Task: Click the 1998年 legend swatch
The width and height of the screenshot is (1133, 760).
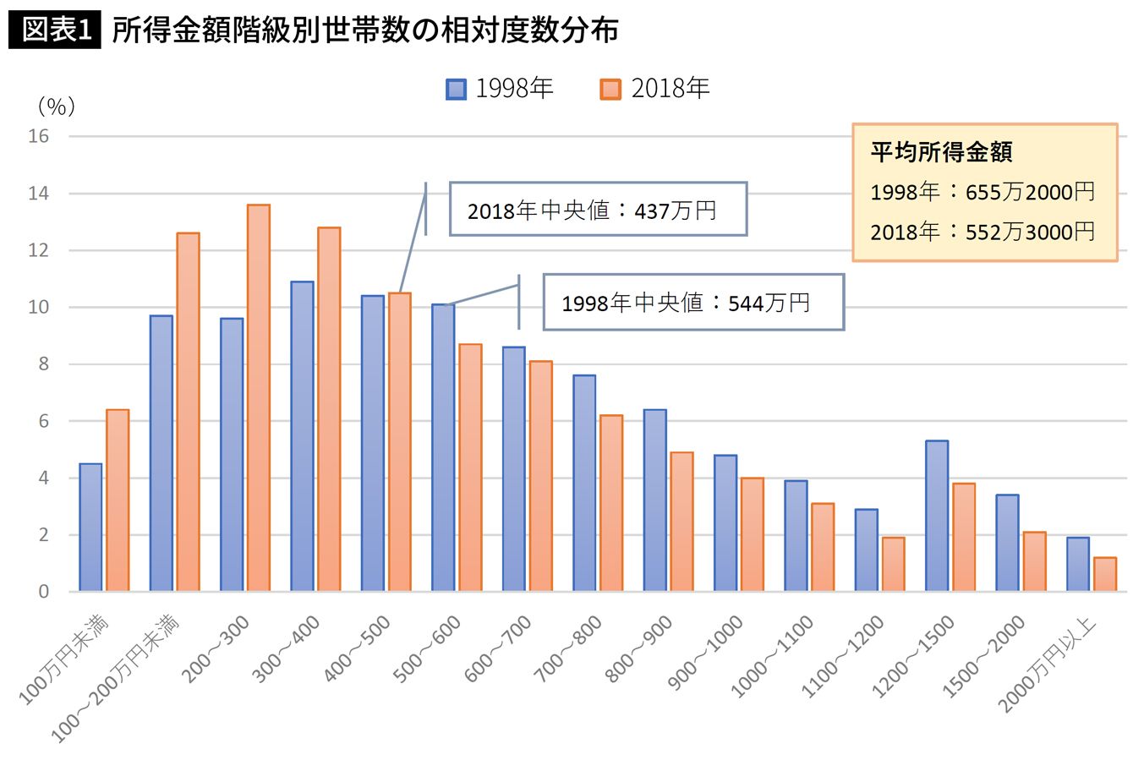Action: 456,90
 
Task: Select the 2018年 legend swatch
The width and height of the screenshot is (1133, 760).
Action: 610,90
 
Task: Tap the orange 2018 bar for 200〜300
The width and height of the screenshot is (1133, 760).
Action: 259,397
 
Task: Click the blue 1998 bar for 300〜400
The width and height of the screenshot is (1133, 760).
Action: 302,436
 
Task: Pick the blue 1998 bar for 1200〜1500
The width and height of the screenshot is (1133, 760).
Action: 937,516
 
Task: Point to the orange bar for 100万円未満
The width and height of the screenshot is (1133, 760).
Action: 118,500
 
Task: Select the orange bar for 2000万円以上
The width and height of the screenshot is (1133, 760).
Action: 1104,574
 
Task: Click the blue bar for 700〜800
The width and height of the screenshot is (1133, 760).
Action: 584,483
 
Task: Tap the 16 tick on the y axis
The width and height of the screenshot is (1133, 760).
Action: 38,136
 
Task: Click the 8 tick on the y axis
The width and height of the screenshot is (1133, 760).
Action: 43,364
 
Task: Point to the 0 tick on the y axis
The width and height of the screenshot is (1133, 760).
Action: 43,592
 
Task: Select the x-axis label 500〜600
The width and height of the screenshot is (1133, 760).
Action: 427,648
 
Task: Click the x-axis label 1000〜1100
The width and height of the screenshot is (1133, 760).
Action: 772,656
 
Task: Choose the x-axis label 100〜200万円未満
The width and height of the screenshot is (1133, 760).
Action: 115,679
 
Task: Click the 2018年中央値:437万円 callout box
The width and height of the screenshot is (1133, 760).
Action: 599,209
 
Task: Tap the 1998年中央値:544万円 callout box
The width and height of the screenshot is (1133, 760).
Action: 693,302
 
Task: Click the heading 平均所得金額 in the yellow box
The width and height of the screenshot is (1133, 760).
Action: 941,151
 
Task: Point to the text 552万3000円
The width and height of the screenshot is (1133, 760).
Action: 1030,232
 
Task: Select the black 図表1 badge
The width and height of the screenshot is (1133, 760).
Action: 55,30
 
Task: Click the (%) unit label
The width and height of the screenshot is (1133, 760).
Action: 57,107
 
